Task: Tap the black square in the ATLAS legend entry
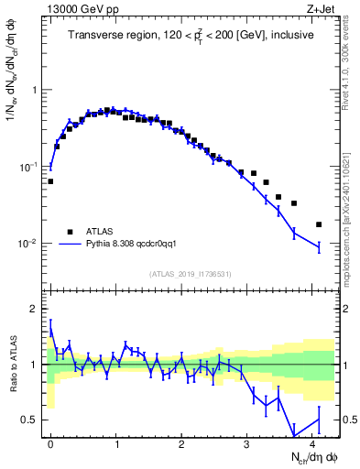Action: (69, 232)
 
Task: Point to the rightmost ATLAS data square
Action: (319, 224)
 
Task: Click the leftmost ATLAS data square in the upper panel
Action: (50, 181)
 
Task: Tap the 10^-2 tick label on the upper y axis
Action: (28, 245)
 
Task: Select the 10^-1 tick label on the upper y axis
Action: (28, 168)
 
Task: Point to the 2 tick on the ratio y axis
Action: (35, 309)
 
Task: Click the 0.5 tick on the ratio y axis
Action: (30, 420)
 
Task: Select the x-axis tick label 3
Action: (247, 442)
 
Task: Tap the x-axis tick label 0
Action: (50, 442)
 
